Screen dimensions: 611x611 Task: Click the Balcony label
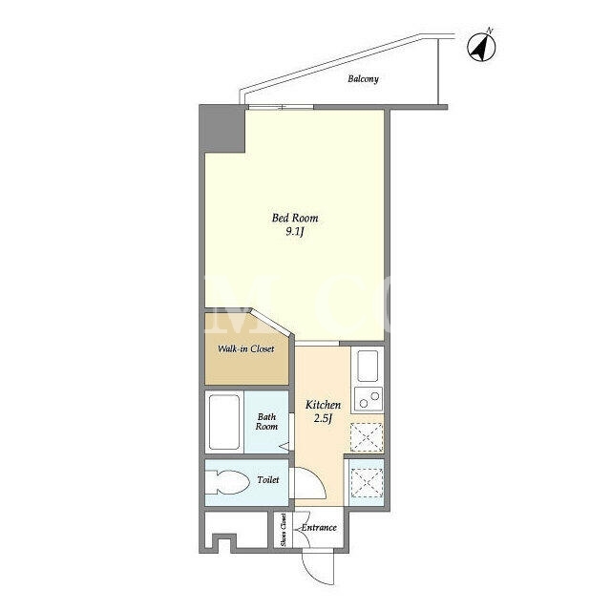(363, 79)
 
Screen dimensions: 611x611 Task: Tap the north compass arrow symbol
(481, 47)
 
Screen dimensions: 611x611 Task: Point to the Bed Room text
(295, 218)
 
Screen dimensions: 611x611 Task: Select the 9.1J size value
(295, 232)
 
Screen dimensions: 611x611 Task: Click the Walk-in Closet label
(246, 348)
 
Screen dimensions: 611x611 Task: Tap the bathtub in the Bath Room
(224, 422)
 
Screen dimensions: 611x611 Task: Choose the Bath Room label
(266, 422)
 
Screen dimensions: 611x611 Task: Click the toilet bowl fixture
(227, 482)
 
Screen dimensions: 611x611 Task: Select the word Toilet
(268, 479)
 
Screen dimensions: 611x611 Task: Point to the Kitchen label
(323, 405)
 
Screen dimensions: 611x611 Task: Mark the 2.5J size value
(323, 419)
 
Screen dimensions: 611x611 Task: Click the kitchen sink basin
(368, 366)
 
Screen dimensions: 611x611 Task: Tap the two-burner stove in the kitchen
(369, 400)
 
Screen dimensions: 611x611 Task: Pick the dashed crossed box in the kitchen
(367, 437)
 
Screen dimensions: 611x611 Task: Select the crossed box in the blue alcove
(367, 483)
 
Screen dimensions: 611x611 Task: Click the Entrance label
(319, 528)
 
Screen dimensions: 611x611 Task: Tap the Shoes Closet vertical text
(284, 529)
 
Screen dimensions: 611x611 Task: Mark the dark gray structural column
(221, 128)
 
